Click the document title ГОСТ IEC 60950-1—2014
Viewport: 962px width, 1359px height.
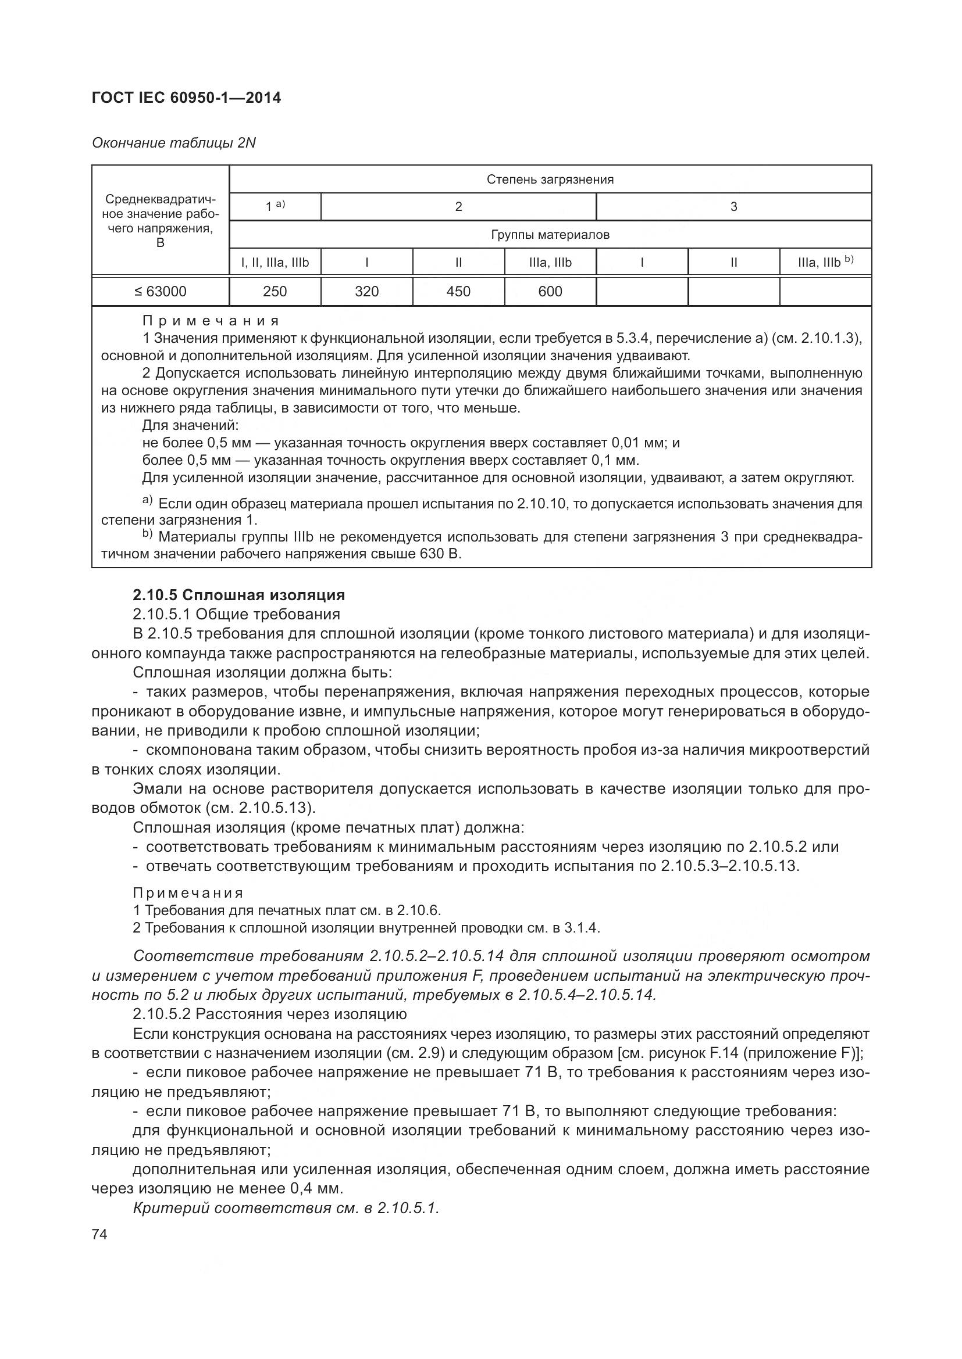pyautogui.click(x=186, y=98)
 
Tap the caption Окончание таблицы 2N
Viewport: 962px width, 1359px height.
pyautogui.click(x=173, y=143)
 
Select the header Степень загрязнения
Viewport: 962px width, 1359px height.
pyautogui.click(x=550, y=180)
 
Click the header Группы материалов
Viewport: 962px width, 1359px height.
pyautogui.click(x=550, y=234)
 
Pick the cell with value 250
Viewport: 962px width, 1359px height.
pyautogui.click(x=275, y=291)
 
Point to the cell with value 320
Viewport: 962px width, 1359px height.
pyautogui.click(x=366, y=291)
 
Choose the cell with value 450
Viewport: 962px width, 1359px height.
pyautogui.click(x=458, y=291)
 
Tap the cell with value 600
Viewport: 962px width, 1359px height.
pyautogui.click(x=550, y=291)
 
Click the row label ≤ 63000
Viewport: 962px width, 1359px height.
pyautogui.click(x=160, y=291)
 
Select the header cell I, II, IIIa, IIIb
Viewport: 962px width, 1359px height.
pyautogui.click(x=275, y=262)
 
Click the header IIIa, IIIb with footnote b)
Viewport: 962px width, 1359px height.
pyautogui.click(x=825, y=262)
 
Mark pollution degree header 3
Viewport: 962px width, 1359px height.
pyautogui.click(x=733, y=207)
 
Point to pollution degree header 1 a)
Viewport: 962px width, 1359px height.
pyautogui.click(x=275, y=207)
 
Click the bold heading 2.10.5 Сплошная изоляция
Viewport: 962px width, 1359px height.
pyautogui.click(x=238, y=595)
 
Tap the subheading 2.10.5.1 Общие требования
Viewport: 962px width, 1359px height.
pyautogui.click(x=236, y=614)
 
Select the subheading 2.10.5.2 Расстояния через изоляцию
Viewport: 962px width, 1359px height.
pyautogui.click(x=269, y=1014)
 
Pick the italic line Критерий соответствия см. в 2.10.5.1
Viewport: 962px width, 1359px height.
pyautogui.click(x=286, y=1208)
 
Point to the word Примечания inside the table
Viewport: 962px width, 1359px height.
pyautogui.click(x=211, y=321)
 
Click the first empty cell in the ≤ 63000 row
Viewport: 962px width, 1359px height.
pyautogui.click(x=642, y=291)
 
